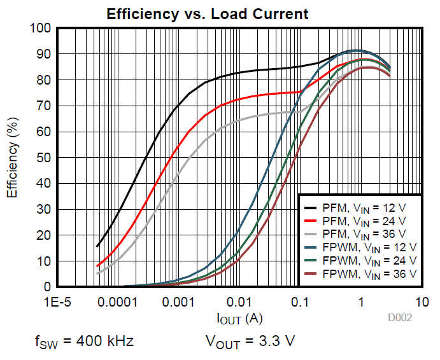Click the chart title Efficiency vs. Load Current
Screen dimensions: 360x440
208,14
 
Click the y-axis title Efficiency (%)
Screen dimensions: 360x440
12,157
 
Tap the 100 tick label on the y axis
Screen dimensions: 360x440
40,29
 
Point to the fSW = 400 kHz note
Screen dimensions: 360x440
83,342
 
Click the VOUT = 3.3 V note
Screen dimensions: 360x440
250,342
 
